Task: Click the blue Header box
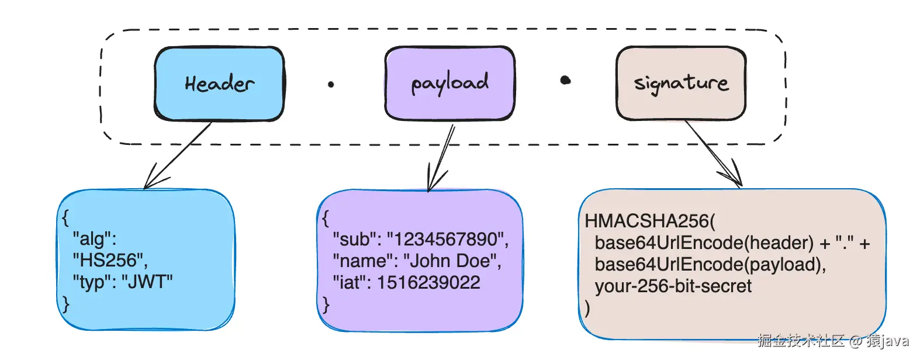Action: [x=219, y=84]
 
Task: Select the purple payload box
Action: [x=449, y=83]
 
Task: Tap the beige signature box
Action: [x=681, y=83]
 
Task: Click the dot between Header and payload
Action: [x=331, y=85]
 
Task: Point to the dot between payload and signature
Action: [x=565, y=80]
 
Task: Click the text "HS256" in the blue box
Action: [x=109, y=260]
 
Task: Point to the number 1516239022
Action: [x=428, y=282]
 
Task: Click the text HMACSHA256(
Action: [x=649, y=221]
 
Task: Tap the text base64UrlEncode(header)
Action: [x=704, y=243]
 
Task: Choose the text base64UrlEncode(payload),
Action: [x=710, y=264]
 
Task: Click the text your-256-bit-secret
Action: [x=673, y=286]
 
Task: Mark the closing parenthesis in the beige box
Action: [x=587, y=307]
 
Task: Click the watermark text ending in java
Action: [x=833, y=341]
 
